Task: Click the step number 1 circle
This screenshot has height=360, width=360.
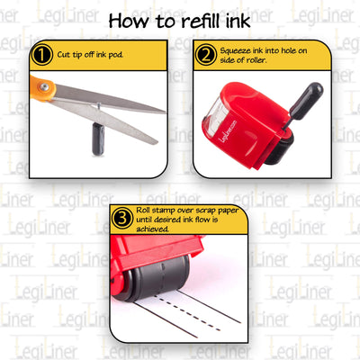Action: tap(40, 55)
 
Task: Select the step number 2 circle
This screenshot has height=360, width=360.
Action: tap(205, 56)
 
